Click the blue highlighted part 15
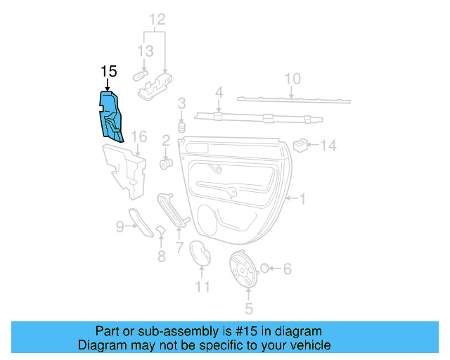coord(113,116)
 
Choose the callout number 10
coord(292,78)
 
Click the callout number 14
coord(329,146)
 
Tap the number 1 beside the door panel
coord(303,200)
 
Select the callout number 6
coord(287,269)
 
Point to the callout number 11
coord(202,286)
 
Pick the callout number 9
coord(120,226)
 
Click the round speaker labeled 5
coord(245,269)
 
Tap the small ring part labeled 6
coord(266,268)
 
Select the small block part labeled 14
coord(301,145)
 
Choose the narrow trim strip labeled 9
coord(142,222)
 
